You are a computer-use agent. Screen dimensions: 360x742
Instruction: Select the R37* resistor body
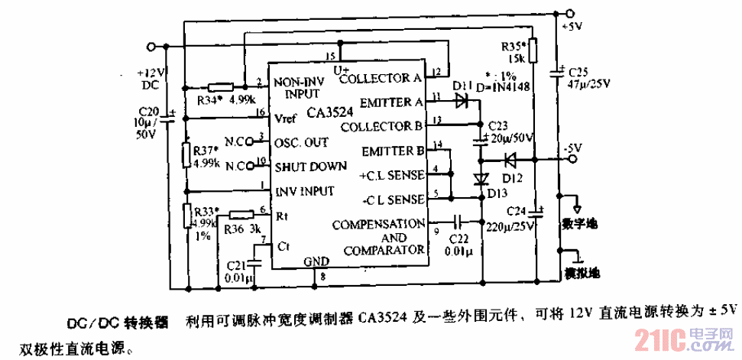coord(186,153)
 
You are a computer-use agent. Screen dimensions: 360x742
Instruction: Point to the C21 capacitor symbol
coord(254,260)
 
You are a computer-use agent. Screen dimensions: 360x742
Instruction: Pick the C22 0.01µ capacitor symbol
coord(458,222)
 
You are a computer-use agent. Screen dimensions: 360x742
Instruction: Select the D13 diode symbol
coord(481,180)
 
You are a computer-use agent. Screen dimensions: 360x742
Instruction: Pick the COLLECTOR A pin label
coord(381,78)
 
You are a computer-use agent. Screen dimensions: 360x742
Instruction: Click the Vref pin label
coord(284,118)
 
